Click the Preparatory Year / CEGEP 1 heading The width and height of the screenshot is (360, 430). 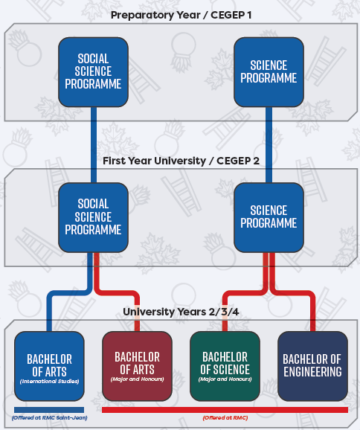(x=181, y=15)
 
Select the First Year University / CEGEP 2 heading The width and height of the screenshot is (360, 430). (x=181, y=161)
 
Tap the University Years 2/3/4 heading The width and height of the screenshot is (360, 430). (x=181, y=312)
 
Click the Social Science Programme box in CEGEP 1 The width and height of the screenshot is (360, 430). (x=93, y=72)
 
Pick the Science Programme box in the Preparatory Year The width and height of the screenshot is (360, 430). (x=269, y=72)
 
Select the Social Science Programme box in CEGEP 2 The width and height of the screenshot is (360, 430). (x=93, y=217)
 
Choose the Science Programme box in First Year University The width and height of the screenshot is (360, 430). (x=269, y=217)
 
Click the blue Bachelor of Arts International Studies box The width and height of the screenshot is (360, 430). (x=49, y=366)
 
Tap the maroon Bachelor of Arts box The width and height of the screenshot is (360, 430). (x=137, y=366)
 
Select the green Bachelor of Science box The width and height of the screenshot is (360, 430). (x=225, y=366)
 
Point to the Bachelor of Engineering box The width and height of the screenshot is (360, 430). (x=312, y=366)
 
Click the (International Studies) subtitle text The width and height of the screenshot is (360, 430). (x=49, y=381)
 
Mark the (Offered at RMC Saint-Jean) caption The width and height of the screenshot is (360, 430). (x=49, y=417)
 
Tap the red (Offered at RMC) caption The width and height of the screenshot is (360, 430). (x=225, y=417)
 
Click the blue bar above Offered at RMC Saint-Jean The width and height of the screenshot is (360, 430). (x=49, y=410)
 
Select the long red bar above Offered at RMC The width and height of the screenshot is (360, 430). (x=225, y=410)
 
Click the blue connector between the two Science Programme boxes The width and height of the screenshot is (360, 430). (x=269, y=145)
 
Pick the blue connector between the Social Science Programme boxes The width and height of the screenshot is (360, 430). (x=94, y=145)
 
